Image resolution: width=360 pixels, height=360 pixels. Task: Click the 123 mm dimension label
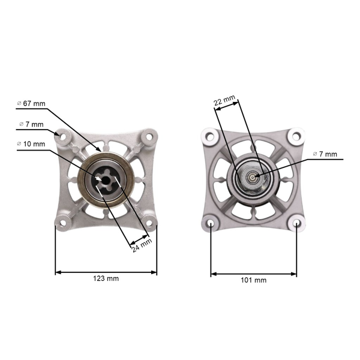click(106, 279)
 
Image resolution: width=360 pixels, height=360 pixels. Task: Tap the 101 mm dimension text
click(253, 280)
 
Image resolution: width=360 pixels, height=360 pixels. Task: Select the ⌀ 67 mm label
click(31, 103)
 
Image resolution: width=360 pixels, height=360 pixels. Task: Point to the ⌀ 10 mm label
click(31, 145)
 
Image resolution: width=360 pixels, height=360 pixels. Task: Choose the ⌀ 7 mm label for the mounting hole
click(31, 124)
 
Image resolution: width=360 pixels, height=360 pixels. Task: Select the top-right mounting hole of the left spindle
click(148, 136)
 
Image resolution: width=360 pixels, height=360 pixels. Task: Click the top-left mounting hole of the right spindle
click(211, 136)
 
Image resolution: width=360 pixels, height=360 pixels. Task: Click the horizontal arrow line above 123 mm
click(106, 272)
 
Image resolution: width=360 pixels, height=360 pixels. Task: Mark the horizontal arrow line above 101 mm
click(253, 274)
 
